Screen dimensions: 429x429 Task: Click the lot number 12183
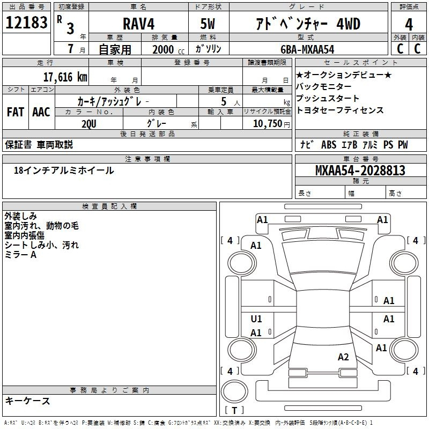point(26,23)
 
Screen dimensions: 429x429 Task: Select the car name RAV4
point(138,24)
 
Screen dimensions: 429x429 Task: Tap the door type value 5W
point(208,24)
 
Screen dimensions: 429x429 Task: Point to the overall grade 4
point(409,25)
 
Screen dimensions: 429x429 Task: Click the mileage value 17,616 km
point(65,77)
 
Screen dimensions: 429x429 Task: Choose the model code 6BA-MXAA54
point(307,49)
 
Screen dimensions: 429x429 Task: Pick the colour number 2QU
point(89,124)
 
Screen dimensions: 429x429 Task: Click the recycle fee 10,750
point(268,124)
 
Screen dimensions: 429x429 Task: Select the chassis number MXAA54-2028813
point(360,171)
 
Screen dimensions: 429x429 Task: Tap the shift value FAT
point(16,112)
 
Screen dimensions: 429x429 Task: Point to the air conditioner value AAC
point(41,112)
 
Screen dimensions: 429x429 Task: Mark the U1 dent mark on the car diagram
point(256,319)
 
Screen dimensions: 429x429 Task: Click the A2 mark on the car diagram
point(343,357)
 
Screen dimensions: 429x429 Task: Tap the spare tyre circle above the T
point(234,391)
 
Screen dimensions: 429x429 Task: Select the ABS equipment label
point(329,145)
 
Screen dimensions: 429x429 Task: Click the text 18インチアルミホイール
point(64,171)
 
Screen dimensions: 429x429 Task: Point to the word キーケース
point(27,401)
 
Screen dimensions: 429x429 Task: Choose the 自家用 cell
point(115,49)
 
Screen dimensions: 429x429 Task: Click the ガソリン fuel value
point(208,49)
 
